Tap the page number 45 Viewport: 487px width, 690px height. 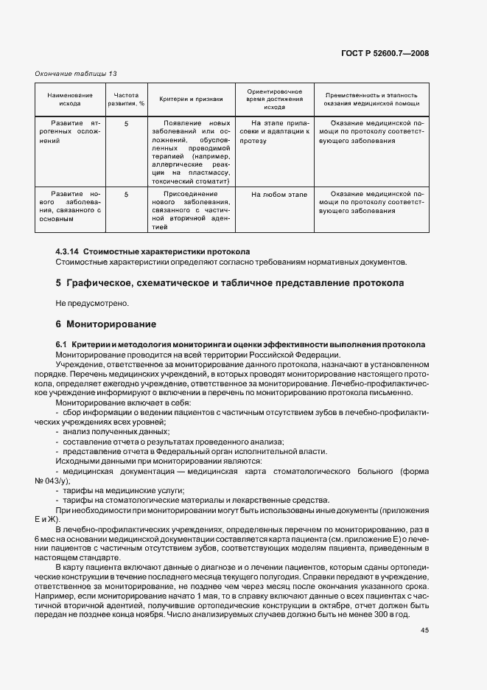coord(424,630)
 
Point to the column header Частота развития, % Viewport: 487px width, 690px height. coord(126,100)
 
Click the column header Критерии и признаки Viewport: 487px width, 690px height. coord(191,100)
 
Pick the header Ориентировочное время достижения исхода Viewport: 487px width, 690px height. coord(274,100)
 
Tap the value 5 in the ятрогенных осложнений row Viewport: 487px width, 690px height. coord(126,124)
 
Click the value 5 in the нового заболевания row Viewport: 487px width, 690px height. coord(126,195)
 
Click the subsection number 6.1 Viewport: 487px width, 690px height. coord(62,345)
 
